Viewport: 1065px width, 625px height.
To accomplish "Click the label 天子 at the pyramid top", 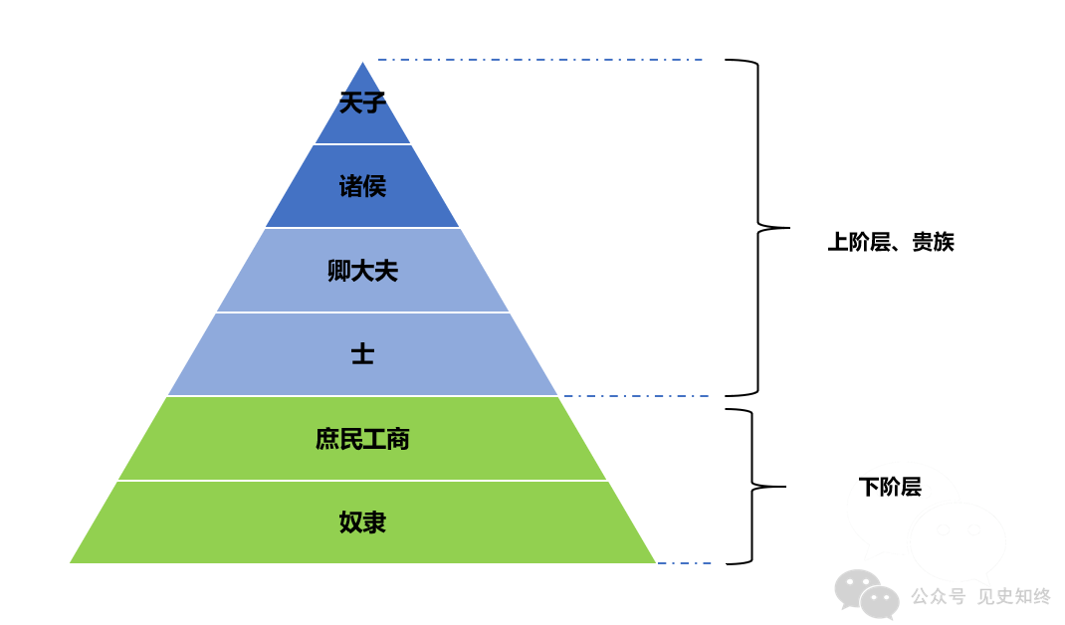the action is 361,103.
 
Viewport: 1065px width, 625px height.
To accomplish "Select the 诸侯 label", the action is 361,186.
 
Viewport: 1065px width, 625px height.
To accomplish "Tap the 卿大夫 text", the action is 362,271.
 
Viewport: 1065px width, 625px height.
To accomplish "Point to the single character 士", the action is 362,354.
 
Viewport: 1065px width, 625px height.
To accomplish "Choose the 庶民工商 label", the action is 362,439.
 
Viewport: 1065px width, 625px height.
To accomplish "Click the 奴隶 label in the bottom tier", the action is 362,522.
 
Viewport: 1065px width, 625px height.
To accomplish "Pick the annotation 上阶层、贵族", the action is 891,242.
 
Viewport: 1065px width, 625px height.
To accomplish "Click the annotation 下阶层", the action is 890,487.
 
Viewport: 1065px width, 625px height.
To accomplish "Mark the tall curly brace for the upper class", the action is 758,228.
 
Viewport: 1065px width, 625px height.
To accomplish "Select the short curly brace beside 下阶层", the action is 752,487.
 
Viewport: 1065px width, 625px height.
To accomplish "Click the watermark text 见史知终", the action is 1013,596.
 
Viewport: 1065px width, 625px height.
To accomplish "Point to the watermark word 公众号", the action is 938,596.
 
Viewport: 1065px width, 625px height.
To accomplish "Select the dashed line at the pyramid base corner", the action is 684,563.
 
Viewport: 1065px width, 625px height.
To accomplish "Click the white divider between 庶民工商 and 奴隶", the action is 362,481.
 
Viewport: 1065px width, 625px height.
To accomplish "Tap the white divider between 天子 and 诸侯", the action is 362,144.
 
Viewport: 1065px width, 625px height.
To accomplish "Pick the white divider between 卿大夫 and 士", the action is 362,312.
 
